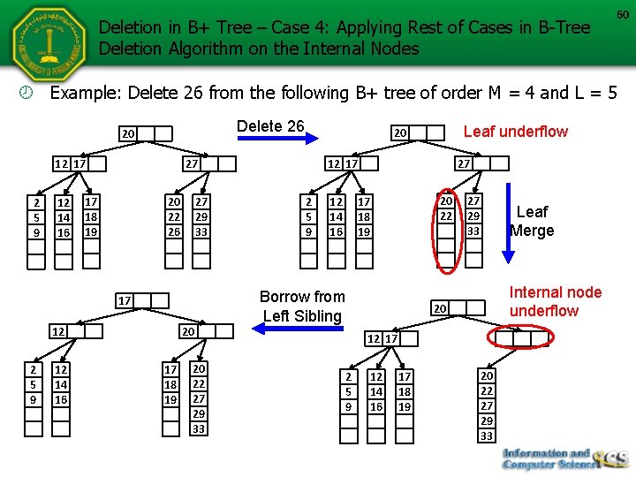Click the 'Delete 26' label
(x=270, y=126)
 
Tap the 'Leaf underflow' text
(x=516, y=132)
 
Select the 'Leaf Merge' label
(x=532, y=221)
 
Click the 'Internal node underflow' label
(x=556, y=301)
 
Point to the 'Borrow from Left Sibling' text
(x=302, y=306)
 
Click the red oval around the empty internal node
(x=521, y=338)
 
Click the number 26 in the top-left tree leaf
(x=174, y=231)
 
